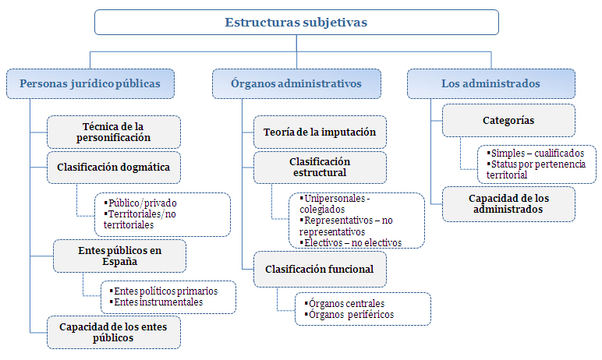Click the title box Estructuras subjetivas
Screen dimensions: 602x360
pos(296,23)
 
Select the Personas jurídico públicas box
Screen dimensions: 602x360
pos(90,83)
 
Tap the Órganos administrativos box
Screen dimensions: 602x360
pos(296,83)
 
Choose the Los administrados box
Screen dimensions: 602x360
pos(490,83)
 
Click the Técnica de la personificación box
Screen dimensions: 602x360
pos(114,132)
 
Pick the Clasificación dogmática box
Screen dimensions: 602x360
pos(114,167)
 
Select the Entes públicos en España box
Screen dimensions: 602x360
pos(119,256)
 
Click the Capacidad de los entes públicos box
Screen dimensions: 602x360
pos(114,331)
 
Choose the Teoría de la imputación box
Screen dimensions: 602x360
pos(320,132)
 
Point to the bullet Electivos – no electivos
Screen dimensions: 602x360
pos(351,242)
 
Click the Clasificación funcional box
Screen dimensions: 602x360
pos(320,270)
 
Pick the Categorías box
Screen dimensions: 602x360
pos(508,121)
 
